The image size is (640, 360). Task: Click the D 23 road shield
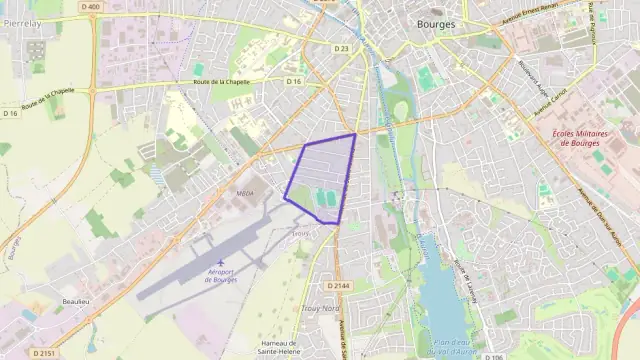pyautogui.click(x=342, y=48)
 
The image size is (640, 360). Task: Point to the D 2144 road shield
pyautogui.click(x=339, y=285)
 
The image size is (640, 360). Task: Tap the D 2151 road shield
pyautogui.click(x=44, y=352)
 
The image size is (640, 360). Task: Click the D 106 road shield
pyautogui.click(x=493, y=356)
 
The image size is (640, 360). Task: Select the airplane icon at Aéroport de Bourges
pyautogui.click(x=219, y=263)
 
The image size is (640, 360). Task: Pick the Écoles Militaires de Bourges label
pyautogui.click(x=580, y=137)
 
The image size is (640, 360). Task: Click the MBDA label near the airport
pyautogui.click(x=246, y=194)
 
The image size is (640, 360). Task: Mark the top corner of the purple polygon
pyautogui.click(x=355, y=134)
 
